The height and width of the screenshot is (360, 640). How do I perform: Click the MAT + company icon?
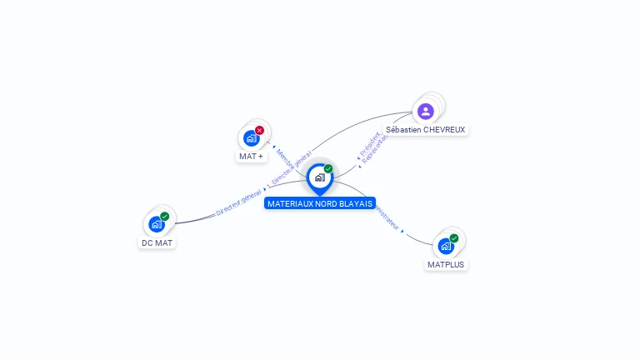coord(250,138)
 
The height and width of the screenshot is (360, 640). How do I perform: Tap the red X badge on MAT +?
coord(259,130)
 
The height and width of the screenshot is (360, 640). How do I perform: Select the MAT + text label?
coord(251,156)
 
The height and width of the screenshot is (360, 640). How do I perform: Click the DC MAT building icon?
coord(156,224)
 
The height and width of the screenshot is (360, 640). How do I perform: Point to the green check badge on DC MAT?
coord(165,217)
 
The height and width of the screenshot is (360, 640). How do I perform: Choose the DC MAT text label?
coord(157,242)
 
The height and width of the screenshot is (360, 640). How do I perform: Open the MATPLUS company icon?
coord(446,246)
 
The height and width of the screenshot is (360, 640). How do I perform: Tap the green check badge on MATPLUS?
coord(454,238)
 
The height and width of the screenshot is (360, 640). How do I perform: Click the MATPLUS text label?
coord(446,264)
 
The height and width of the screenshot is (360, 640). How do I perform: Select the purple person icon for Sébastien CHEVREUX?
coord(426,111)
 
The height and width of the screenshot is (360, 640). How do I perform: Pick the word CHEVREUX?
coord(444,130)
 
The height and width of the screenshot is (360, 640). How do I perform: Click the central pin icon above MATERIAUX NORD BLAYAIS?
coord(319,177)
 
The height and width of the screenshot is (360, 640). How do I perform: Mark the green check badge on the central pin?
coord(328,169)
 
